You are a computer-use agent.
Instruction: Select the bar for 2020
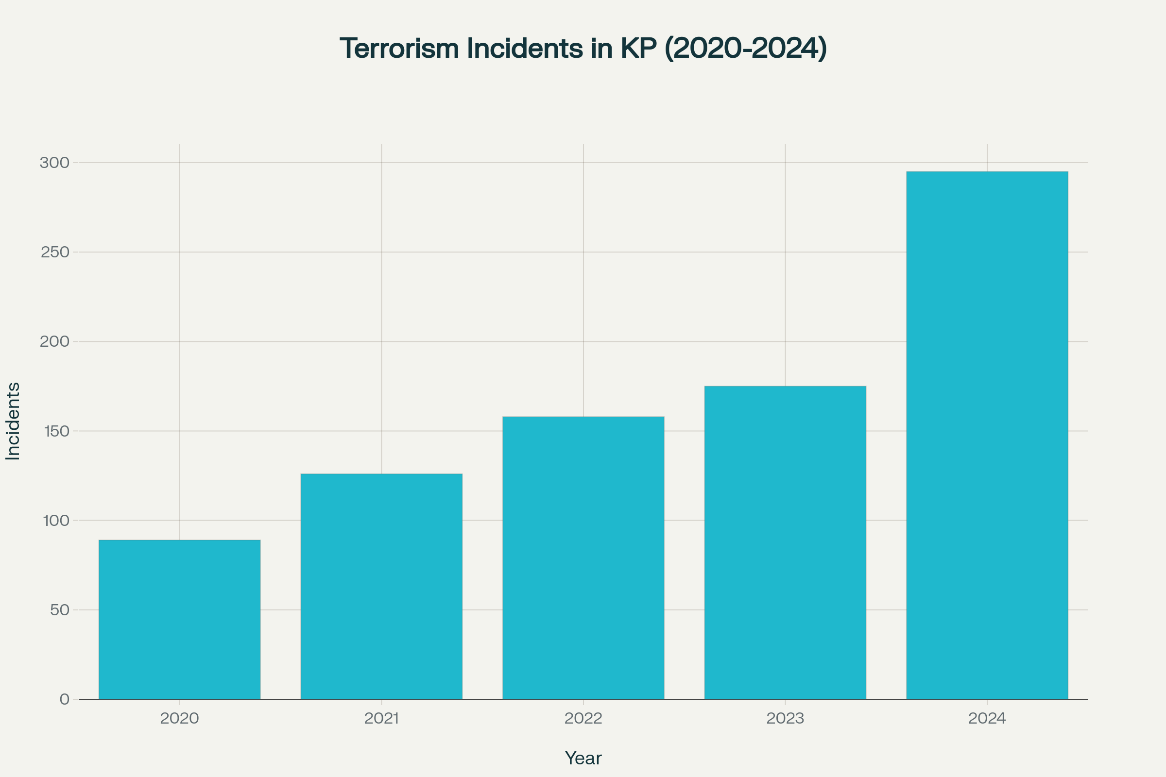(x=179, y=620)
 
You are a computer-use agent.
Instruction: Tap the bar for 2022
(x=583, y=557)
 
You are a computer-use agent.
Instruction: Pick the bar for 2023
(x=785, y=542)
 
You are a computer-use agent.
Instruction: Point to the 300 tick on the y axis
(x=54, y=163)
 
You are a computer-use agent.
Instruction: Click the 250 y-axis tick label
(x=54, y=252)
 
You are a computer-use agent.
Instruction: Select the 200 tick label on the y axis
(x=54, y=341)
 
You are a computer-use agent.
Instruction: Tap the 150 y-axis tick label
(x=56, y=431)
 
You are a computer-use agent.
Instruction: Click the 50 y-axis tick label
(x=59, y=610)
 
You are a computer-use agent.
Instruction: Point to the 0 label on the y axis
(x=65, y=699)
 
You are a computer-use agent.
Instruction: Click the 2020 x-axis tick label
(x=179, y=718)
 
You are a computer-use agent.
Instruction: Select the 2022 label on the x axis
(x=583, y=718)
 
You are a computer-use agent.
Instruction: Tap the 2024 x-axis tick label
(x=987, y=718)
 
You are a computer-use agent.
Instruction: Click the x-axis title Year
(x=583, y=758)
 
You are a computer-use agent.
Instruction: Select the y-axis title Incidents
(x=13, y=421)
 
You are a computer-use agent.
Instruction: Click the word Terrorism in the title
(x=399, y=49)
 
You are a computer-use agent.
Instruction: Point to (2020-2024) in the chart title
(x=745, y=49)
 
